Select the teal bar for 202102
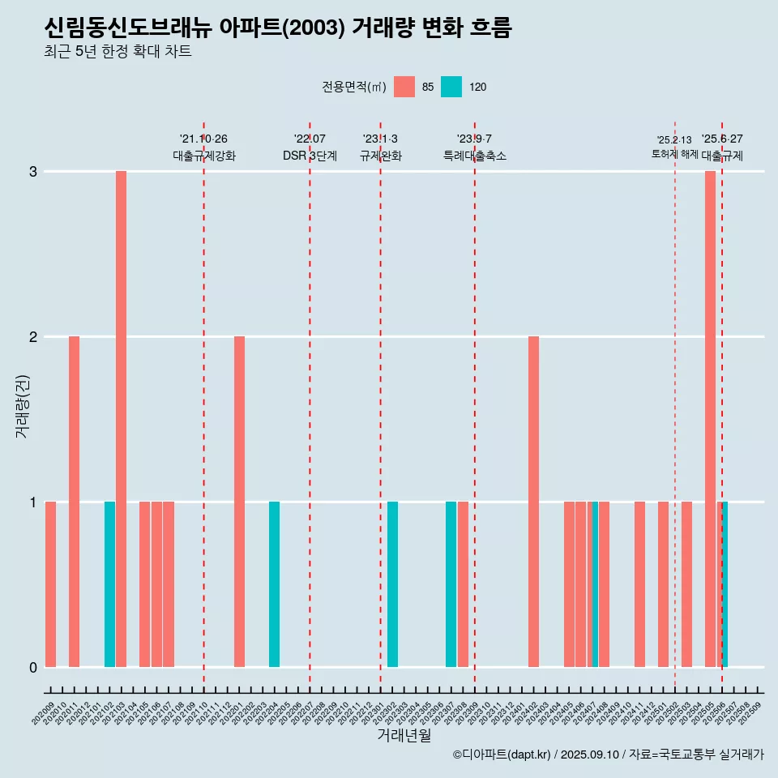109,584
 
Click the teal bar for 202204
274,584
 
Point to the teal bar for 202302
392,584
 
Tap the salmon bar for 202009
50,584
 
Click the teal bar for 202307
451,584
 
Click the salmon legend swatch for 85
404,87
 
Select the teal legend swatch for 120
451,87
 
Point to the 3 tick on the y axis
33,172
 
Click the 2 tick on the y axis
33,336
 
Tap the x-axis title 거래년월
404,735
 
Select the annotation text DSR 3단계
310,156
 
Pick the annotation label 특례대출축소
475,156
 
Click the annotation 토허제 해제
674,154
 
